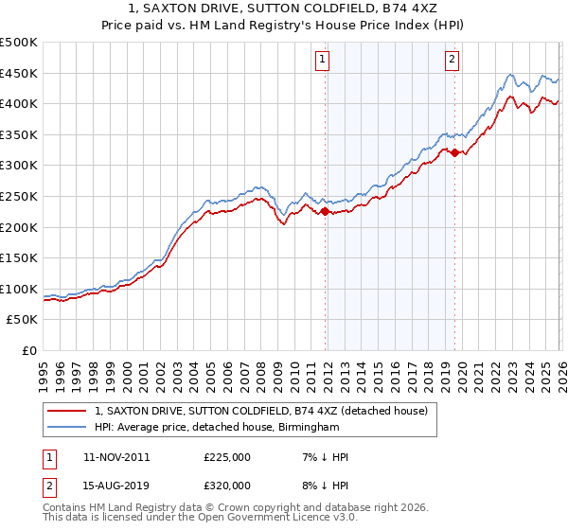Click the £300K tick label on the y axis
click(19, 166)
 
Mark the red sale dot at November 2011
click(325, 212)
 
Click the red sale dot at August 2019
click(454, 152)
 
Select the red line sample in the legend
click(67, 411)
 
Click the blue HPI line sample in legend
click(67, 428)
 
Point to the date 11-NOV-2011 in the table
click(116, 457)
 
